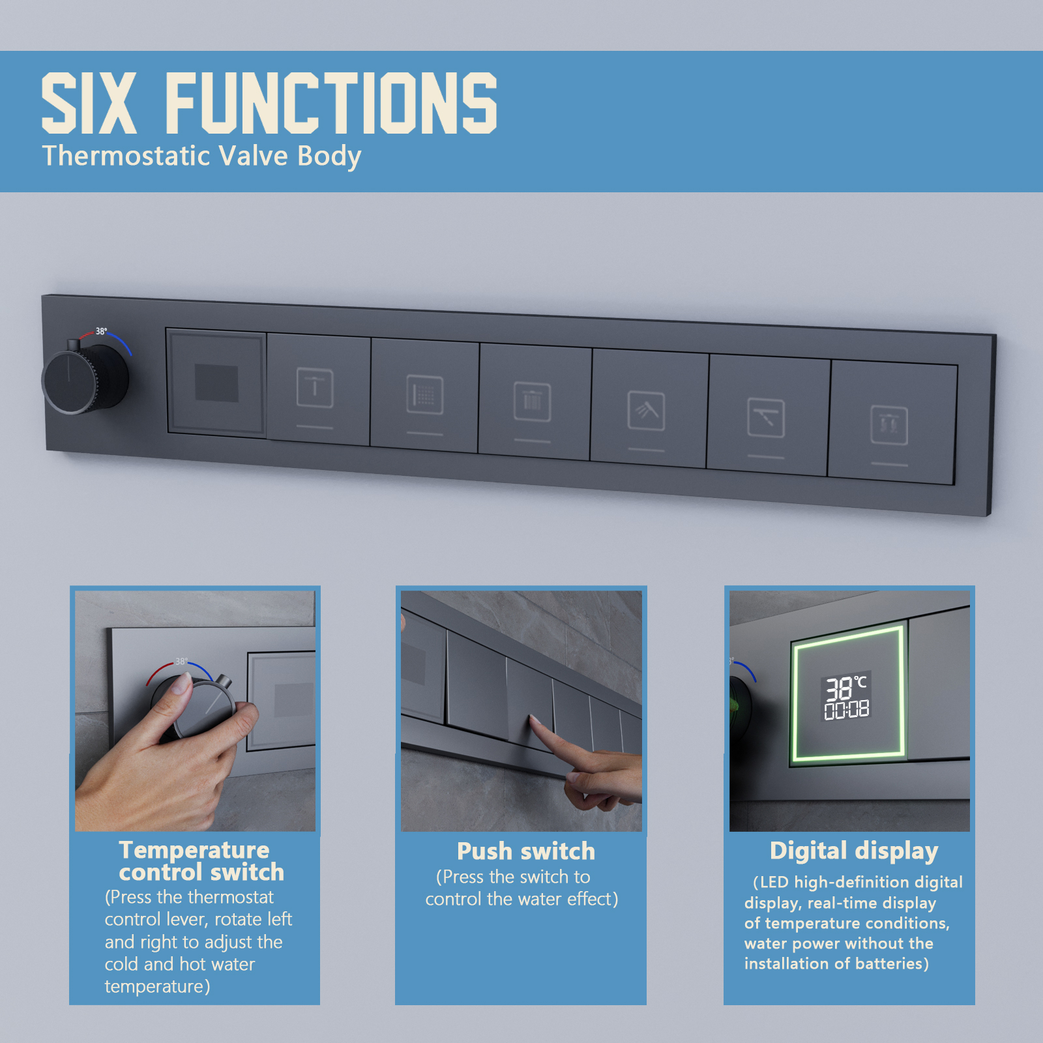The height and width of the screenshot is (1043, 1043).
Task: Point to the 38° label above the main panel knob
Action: (101, 331)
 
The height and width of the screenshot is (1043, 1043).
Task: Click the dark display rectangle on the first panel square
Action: (216, 383)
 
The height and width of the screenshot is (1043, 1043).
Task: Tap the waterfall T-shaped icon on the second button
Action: (315, 388)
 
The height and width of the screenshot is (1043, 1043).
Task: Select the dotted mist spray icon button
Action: (424, 395)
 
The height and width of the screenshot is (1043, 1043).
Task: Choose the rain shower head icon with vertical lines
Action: (532, 402)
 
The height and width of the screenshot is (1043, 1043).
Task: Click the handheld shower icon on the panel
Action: (646, 411)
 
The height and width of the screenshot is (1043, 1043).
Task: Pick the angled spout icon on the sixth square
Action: (765, 418)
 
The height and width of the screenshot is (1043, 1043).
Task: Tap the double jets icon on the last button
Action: (889, 425)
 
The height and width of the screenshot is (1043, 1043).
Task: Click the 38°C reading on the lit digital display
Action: (845, 687)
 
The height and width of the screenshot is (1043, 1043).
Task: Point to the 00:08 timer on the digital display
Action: (846, 710)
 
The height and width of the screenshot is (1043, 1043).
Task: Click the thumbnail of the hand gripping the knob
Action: (195, 711)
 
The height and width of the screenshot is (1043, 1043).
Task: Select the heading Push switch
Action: (525, 851)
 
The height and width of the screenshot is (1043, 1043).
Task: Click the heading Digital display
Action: (853, 851)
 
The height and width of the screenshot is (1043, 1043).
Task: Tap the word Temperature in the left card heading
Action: (194, 850)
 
